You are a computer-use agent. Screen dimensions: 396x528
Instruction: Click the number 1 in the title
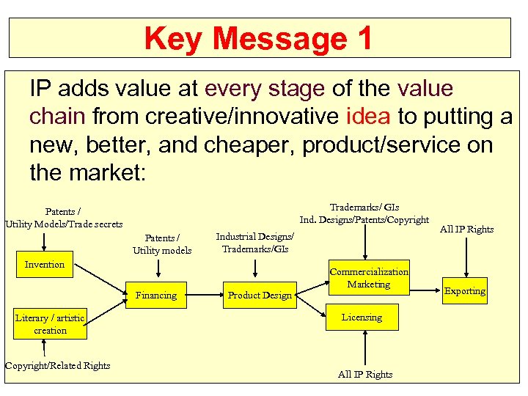(x=362, y=38)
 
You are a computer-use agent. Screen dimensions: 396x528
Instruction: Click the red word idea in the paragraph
(x=370, y=117)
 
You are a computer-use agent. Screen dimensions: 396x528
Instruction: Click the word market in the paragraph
(x=107, y=174)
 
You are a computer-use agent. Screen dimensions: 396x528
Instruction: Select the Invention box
(x=45, y=264)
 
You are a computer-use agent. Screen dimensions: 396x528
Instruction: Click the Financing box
(x=156, y=296)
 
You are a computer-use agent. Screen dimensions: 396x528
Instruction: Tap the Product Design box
(x=260, y=296)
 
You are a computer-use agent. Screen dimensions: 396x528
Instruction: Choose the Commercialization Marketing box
(x=369, y=278)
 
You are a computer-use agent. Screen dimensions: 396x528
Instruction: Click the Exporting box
(x=464, y=291)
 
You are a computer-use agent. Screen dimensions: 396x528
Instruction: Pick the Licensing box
(x=362, y=318)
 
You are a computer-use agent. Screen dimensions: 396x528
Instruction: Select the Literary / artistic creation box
(x=50, y=324)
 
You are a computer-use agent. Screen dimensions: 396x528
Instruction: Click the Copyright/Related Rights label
(x=57, y=366)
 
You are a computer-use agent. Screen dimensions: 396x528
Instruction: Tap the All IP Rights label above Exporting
(x=466, y=230)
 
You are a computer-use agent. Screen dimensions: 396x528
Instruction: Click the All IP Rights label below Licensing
(x=365, y=375)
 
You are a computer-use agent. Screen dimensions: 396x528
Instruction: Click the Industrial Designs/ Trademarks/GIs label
(x=254, y=243)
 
